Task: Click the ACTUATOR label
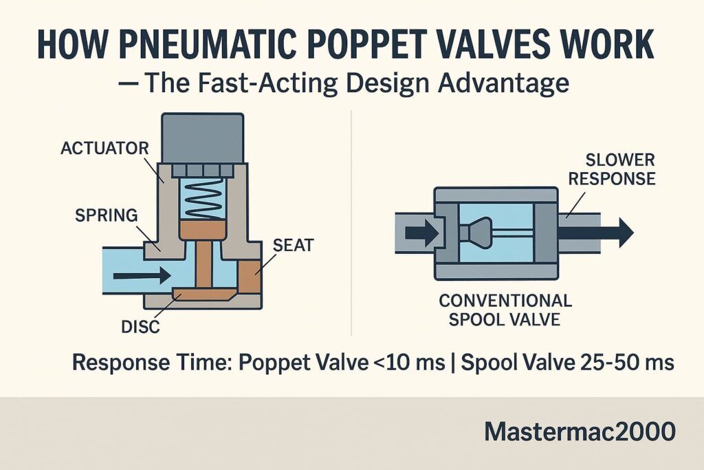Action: click(104, 148)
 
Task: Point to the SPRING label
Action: click(107, 215)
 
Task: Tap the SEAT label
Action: click(293, 246)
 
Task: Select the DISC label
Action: click(140, 327)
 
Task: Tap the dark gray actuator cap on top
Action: click(203, 138)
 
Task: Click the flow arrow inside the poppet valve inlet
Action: click(142, 275)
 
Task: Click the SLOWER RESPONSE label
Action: click(612, 169)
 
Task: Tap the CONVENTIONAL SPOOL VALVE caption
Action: click(505, 310)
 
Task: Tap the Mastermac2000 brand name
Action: click(580, 431)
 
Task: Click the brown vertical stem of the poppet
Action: click(203, 264)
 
